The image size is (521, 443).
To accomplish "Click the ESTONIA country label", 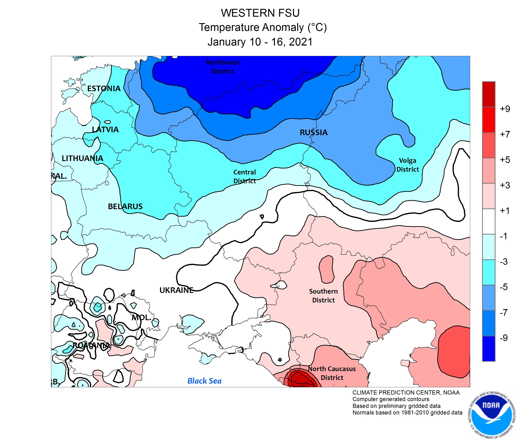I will [104, 89].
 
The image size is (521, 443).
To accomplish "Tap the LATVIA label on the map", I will [105, 130].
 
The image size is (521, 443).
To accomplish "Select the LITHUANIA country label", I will [82, 158].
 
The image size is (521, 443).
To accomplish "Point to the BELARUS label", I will [125, 206].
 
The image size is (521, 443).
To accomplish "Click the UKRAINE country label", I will [176, 290].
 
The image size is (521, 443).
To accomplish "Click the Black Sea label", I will [204, 381].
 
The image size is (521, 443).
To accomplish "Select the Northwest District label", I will [222, 67].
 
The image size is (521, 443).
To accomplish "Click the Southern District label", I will [323, 296].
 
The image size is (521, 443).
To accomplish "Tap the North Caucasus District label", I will [332, 373].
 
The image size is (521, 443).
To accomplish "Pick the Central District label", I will [244, 177].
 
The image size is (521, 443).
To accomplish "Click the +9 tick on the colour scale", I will [505, 109].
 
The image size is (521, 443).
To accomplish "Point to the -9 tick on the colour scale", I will [503, 338].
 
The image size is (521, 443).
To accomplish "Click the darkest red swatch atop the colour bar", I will [488, 94].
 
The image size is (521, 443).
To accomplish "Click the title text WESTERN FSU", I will [260, 13].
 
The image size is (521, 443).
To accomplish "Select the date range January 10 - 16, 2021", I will [260, 42].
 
